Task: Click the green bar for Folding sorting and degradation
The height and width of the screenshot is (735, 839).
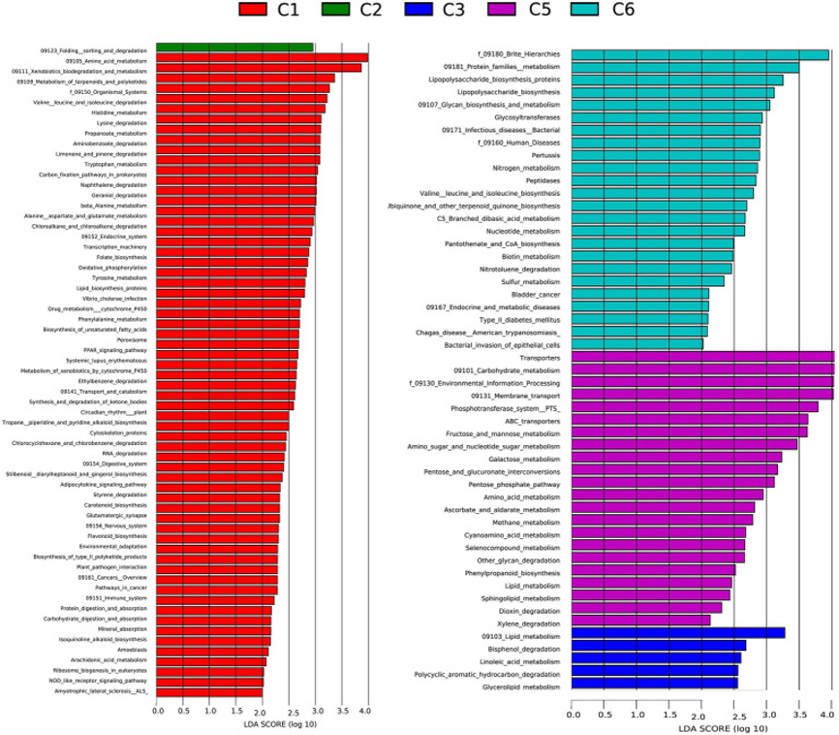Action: click(x=234, y=48)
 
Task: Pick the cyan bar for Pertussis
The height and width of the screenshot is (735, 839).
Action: click(x=666, y=155)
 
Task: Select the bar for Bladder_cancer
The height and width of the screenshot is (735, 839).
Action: click(x=640, y=294)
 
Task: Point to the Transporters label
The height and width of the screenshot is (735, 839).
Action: click(x=534, y=357)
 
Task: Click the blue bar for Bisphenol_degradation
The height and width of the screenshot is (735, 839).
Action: click(x=659, y=646)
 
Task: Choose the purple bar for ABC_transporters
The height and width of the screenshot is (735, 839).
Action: click(x=690, y=420)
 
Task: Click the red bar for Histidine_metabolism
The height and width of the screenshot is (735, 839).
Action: click(x=239, y=112)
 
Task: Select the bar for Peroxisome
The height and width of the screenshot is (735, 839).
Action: click(x=228, y=339)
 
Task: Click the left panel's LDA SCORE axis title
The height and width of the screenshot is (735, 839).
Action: click(x=261, y=723)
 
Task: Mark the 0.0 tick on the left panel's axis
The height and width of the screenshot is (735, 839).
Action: click(x=158, y=712)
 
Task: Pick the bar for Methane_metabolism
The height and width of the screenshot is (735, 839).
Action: click(x=663, y=521)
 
